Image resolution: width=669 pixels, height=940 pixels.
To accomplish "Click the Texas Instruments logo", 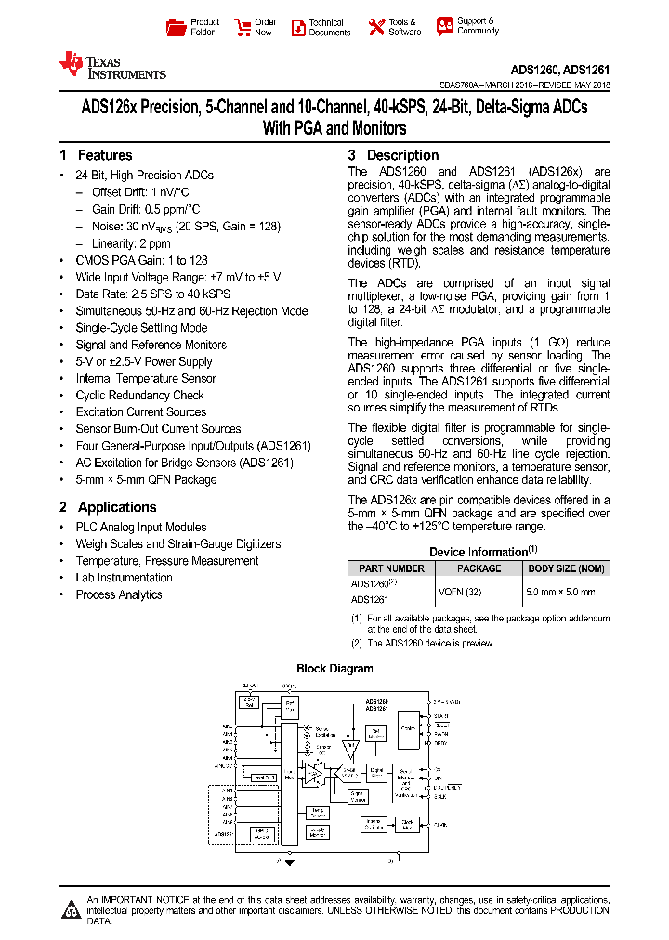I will click(x=111, y=66).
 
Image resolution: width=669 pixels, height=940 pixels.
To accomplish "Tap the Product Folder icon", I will click(x=176, y=27).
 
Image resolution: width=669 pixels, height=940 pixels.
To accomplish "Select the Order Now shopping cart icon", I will click(x=243, y=27).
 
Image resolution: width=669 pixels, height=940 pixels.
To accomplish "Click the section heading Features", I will click(x=104, y=155).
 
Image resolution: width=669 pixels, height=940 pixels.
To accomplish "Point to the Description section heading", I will click(x=402, y=155).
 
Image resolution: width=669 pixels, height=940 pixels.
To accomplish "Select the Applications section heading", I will click(x=116, y=507).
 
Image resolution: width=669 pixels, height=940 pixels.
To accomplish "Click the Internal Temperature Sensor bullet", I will click(x=146, y=378).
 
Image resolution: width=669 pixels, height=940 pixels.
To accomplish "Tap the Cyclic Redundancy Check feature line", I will click(x=139, y=395).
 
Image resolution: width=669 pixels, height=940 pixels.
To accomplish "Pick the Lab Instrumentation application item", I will click(x=124, y=578).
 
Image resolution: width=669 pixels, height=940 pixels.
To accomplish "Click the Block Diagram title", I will click(x=334, y=669).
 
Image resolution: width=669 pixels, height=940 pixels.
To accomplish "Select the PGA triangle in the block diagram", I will click(x=314, y=773).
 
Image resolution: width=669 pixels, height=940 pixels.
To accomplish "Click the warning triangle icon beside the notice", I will click(x=71, y=909).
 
